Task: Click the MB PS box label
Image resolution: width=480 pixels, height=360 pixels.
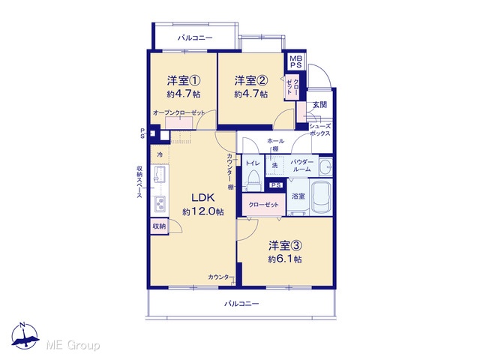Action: [x=295, y=61]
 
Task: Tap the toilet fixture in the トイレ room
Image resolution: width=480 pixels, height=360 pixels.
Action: [x=253, y=181]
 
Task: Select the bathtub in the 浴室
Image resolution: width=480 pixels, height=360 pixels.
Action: [x=321, y=196]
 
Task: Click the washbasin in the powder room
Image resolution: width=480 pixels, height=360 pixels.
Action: [x=325, y=166]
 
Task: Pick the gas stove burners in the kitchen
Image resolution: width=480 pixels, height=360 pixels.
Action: [x=160, y=203]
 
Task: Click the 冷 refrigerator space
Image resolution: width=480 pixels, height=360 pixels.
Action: [x=160, y=155]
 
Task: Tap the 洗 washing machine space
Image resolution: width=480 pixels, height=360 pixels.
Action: [x=275, y=165]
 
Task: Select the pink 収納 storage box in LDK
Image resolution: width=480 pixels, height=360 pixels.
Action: [x=159, y=226]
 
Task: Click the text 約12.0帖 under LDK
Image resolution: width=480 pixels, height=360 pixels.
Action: [x=202, y=211]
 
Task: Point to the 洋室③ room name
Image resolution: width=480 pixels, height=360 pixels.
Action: [x=285, y=245]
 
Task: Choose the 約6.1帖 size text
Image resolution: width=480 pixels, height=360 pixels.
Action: [x=285, y=259]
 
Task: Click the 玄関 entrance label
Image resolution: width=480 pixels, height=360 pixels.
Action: [x=319, y=105]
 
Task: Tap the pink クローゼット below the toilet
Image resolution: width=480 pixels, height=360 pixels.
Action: [x=264, y=204]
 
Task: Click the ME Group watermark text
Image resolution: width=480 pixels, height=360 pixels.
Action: [x=73, y=346]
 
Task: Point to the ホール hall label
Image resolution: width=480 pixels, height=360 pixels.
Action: [x=275, y=141]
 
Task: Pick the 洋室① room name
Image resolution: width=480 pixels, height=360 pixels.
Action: [x=184, y=81]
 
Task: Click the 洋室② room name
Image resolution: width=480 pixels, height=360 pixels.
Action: [x=251, y=81]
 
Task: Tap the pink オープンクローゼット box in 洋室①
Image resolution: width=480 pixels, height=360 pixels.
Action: [x=178, y=123]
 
